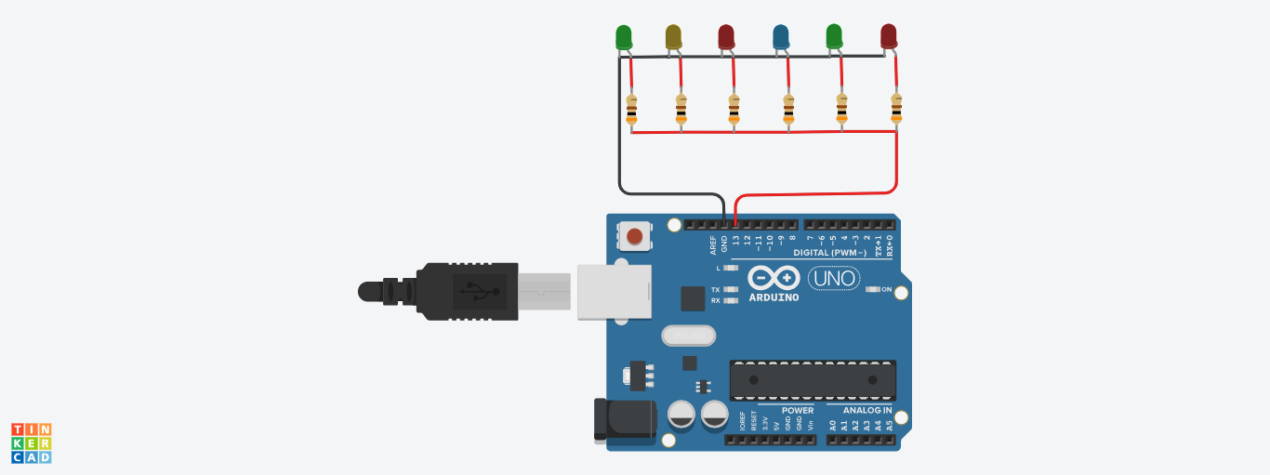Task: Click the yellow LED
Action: point(674,37)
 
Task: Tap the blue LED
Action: point(782,37)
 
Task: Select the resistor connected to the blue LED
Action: point(788,109)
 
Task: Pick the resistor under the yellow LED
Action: point(681,109)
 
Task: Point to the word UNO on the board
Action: point(833,278)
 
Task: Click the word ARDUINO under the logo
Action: point(774,297)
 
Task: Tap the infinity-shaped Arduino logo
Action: point(774,278)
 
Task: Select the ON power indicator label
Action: point(887,290)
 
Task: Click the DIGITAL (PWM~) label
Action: point(829,253)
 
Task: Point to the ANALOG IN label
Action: point(867,410)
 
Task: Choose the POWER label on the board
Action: point(797,410)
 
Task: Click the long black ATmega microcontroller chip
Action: point(813,380)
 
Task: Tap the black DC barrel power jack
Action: point(623,420)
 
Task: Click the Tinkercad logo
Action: point(31,442)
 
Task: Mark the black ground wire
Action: point(620,139)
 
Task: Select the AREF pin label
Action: point(713,245)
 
